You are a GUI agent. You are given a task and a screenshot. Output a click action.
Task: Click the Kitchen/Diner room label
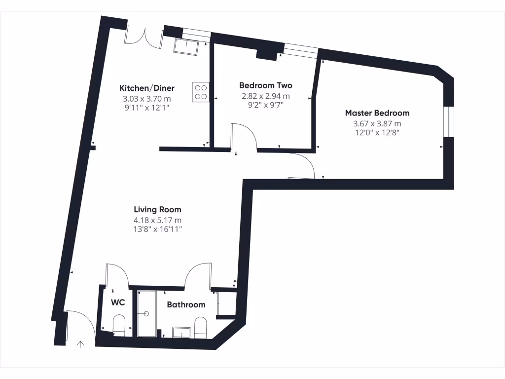click(x=147, y=88)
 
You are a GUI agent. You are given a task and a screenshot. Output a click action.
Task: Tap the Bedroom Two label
click(x=265, y=85)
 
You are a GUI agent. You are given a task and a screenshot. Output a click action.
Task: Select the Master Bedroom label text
click(x=377, y=113)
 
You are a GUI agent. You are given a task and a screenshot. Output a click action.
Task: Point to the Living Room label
click(x=157, y=210)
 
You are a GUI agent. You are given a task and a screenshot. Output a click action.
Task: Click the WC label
click(x=117, y=302)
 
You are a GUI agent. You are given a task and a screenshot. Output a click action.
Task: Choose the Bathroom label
click(x=186, y=305)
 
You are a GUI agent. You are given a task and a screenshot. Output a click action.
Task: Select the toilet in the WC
click(x=119, y=326)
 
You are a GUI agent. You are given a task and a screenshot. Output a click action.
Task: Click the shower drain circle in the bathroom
click(x=146, y=313)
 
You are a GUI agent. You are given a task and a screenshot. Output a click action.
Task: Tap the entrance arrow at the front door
click(x=80, y=344)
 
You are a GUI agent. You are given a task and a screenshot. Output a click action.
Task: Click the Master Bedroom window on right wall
click(x=448, y=122)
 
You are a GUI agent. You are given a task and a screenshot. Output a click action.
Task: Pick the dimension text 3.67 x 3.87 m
click(x=377, y=123)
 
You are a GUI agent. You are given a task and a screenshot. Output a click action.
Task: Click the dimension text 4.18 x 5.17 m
click(x=157, y=220)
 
